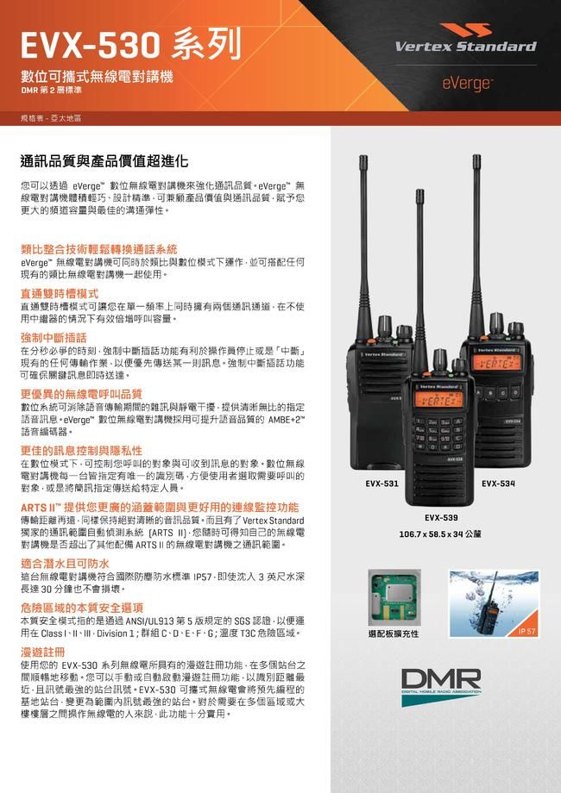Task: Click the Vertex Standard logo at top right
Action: (x=465, y=38)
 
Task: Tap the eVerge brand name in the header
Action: (x=466, y=83)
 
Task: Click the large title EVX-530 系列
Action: (x=130, y=45)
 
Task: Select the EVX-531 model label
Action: (x=381, y=484)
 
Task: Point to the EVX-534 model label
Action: (x=498, y=484)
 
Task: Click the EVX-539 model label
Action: (x=441, y=517)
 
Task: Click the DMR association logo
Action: (x=441, y=686)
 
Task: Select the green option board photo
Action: (x=394, y=597)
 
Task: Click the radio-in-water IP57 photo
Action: (x=495, y=603)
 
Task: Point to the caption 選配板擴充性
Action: (x=394, y=634)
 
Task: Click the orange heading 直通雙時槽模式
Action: (x=60, y=293)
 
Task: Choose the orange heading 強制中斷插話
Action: (x=54, y=337)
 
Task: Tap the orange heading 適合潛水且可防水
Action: (x=65, y=564)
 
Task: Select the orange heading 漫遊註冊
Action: (x=42, y=652)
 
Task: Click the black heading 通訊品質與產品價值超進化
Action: (x=104, y=161)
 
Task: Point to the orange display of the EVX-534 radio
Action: (x=496, y=363)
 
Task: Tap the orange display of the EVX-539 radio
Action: (x=439, y=400)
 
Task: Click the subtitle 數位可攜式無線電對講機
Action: (x=97, y=77)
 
